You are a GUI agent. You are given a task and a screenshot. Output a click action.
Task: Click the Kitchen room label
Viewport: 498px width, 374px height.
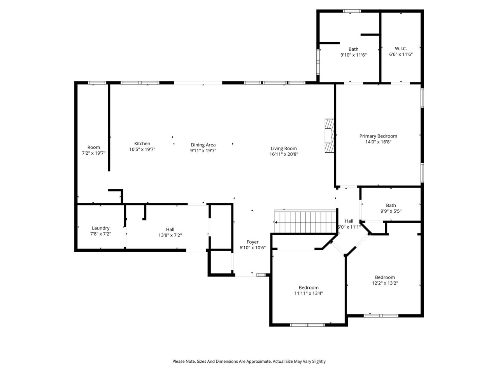[x=142, y=144]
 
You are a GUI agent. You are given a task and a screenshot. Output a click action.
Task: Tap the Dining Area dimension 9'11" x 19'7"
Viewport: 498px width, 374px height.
[x=203, y=150]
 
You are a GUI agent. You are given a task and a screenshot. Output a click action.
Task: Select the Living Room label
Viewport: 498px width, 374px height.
[x=284, y=148]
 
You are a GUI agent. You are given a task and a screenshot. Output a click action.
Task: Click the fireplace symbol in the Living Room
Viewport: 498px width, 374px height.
[x=330, y=136]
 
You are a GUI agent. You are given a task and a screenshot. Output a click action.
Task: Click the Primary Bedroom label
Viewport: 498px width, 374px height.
[x=378, y=136]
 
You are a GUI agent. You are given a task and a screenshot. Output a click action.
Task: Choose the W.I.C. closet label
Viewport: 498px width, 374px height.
[x=401, y=49]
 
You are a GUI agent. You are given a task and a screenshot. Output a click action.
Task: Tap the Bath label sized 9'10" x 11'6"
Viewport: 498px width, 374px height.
[x=353, y=49]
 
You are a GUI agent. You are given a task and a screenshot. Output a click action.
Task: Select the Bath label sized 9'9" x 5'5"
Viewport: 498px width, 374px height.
[x=391, y=205]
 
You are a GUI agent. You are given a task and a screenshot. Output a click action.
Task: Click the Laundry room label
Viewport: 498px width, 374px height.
[x=101, y=228]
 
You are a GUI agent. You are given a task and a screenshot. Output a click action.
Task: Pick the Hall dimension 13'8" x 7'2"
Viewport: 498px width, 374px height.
[x=170, y=235]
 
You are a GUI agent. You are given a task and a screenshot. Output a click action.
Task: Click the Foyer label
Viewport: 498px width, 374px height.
[x=253, y=242]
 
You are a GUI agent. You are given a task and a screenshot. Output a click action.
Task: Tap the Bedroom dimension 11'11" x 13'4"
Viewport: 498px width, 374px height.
[x=309, y=294]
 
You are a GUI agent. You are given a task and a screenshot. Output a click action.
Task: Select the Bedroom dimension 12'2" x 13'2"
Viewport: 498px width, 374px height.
[x=385, y=283]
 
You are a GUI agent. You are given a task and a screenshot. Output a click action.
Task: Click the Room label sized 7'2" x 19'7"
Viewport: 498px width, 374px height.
[x=94, y=147]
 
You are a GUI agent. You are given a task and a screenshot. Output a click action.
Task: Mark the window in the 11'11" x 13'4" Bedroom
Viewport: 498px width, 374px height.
[x=307, y=325]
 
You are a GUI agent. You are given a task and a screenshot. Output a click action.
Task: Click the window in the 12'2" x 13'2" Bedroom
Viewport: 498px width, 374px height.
[x=381, y=316]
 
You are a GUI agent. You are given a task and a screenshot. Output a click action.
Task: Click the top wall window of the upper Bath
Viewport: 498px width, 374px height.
[x=352, y=11]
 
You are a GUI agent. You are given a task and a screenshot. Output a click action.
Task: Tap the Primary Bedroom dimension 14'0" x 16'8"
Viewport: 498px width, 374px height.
[x=378, y=142]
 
